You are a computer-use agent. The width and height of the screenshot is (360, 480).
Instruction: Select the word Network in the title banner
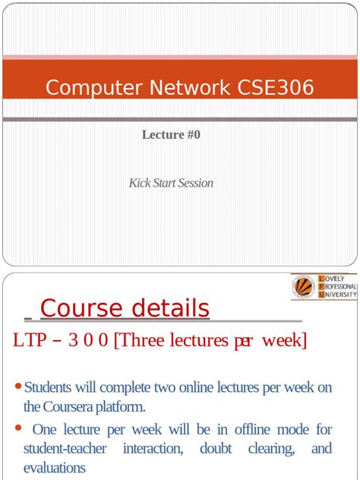(181, 87)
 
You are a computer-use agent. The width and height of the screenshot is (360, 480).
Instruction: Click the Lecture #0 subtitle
(171, 134)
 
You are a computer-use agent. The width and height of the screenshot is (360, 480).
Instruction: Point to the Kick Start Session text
(171, 183)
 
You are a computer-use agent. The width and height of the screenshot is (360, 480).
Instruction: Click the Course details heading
(125, 308)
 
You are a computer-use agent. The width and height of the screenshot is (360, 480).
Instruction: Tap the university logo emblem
(304, 287)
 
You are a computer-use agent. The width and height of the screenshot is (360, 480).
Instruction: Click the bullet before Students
(19, 387)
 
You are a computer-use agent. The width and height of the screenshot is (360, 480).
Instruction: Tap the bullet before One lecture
(19, 428)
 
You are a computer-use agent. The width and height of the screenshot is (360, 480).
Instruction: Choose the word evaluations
(54, 468)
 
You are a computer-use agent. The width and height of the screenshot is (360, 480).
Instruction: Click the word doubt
(216, 449)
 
